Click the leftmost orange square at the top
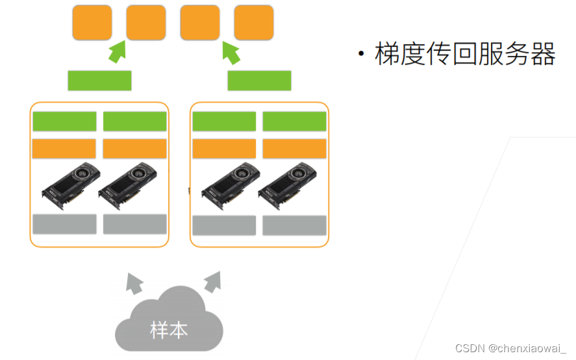(92, 23)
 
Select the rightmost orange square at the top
(253, 23)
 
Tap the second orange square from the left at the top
(145, 23)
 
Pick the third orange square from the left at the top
(199, 23)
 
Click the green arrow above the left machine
(116, 51)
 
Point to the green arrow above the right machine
(231, 51)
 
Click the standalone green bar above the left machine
(99, 81)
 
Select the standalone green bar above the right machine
(259, 81)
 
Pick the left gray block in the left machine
(64, 224)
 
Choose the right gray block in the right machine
(294, 225)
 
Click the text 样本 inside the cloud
(169, 329)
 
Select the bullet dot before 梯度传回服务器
(360, 54)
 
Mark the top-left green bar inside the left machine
(64, 122)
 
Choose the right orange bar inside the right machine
(294, 149)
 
